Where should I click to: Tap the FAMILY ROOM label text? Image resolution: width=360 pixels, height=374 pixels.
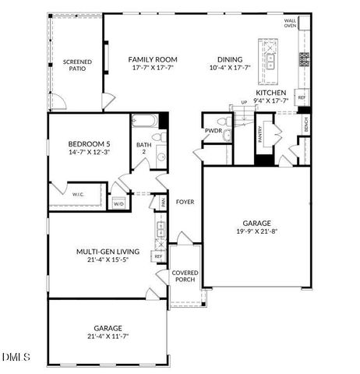pos(153,59)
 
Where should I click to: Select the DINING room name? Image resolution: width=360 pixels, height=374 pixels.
pos(230,59)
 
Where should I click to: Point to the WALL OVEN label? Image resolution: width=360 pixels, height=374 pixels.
pos(290,23)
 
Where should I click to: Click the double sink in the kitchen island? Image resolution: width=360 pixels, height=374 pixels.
pos(271,57)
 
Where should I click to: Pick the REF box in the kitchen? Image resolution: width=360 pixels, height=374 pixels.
pos(302,98)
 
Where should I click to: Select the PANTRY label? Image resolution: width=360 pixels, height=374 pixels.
pos(259,133)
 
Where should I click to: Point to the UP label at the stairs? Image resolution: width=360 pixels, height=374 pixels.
pos(243,102)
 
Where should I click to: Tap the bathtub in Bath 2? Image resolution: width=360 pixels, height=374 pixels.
pos(146,122)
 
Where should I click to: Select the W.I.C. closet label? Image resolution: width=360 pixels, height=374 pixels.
pos(78,193)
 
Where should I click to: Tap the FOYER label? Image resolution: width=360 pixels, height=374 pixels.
pos(184,202)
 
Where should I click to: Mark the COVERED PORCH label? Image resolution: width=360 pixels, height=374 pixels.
pos(185,275)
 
